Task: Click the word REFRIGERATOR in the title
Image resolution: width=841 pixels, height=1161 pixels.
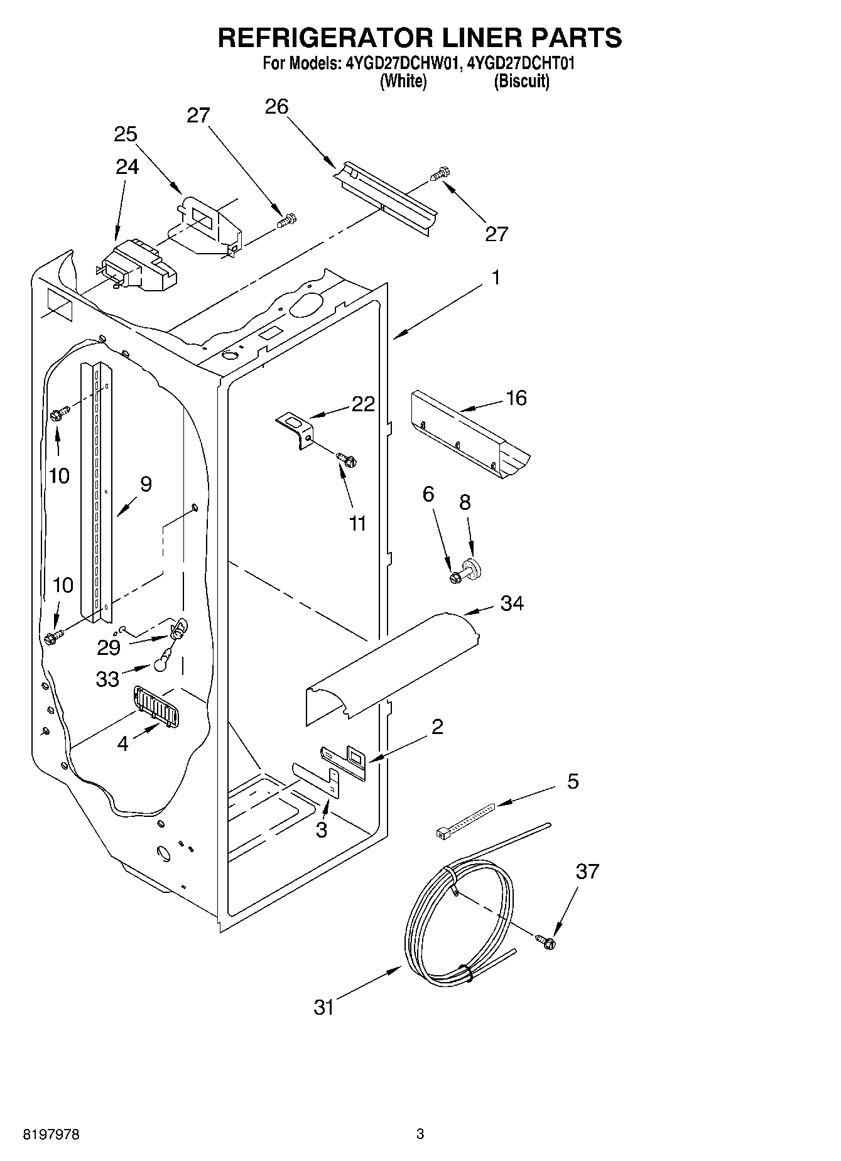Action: [x=320, y=38]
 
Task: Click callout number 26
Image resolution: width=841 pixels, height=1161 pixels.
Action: [x=276, y=107]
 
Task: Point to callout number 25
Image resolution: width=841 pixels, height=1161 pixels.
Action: [x=126, y=134]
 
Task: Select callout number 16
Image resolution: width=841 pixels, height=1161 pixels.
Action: [x=516, y=398]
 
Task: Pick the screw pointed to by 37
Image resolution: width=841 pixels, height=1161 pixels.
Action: [x=545, y=941]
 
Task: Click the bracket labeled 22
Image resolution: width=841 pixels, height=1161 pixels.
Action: [x=296, y=428]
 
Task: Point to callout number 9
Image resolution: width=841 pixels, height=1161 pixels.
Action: [x=146, y=484]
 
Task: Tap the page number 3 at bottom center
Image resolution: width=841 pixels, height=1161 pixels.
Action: [x=420, y=1134]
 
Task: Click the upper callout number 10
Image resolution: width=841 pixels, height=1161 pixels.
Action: [x=59, y=476]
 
